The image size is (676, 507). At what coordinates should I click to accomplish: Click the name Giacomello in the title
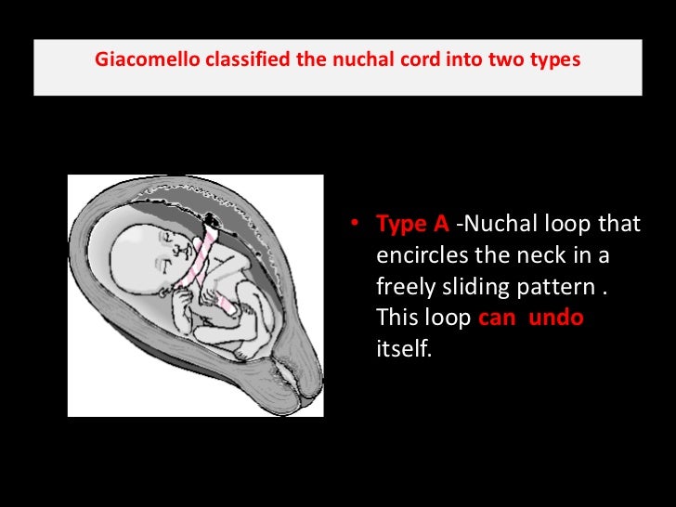[x=140, y=60]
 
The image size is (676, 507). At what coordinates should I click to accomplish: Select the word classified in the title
[x=230, y=60]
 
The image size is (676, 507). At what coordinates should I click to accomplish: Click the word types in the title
[x=554, y=60]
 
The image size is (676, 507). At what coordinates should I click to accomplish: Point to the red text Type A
[x=412, y=225]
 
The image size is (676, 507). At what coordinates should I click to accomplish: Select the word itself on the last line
[x=404, y=350]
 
